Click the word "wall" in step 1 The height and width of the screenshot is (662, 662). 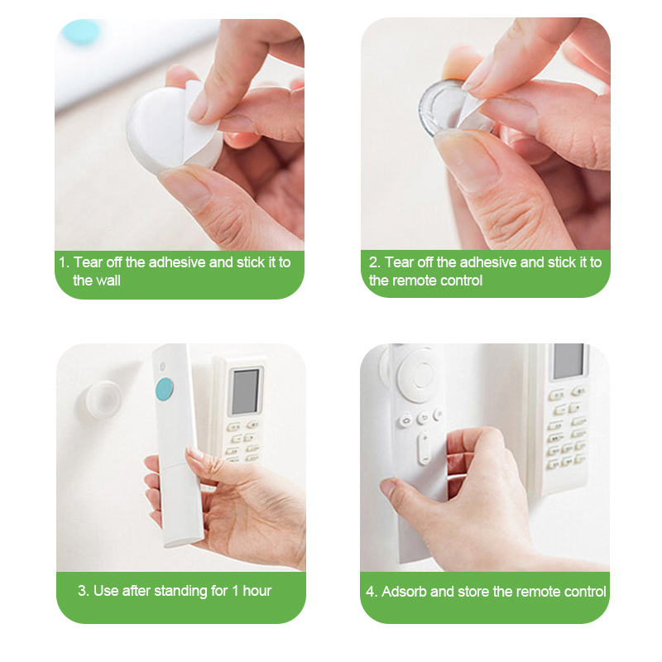click(108, 281)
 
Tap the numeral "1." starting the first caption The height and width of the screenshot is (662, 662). click(65, 262)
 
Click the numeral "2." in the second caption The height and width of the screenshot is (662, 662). click(375, 262)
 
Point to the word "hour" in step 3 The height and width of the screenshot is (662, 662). click(257, 591)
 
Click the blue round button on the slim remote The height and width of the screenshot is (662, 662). click(164, 389)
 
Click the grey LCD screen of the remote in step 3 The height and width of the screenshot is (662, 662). click(245, 391)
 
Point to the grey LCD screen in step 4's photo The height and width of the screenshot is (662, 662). click(568, 361)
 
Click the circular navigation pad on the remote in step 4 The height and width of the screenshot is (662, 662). click(417, 374)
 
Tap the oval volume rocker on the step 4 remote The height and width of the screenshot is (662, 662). click(425, 449)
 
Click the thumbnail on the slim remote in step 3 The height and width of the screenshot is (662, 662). click(194, 454)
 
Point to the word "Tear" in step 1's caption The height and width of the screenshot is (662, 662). click(89, 262)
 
